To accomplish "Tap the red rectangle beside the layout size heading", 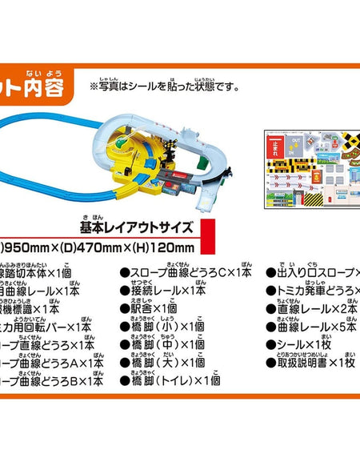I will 211,236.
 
